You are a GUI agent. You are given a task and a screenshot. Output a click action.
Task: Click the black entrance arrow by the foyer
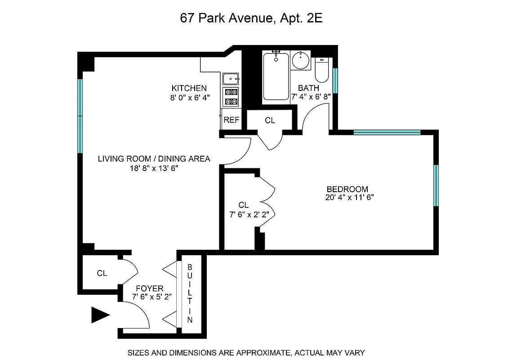[x=100, y=315]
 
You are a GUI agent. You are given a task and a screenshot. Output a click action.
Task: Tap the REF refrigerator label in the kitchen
[x=232, y=120]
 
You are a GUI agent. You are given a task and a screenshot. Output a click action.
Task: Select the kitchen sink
[x=231, y=79]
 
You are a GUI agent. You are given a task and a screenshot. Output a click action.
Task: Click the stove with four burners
[x=231, y=97]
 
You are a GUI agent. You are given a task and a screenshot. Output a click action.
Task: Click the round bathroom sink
[x=300, y=60]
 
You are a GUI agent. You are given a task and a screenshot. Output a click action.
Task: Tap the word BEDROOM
[x=347, y=189]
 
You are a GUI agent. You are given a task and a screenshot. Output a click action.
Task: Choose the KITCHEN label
[x=189, y=88]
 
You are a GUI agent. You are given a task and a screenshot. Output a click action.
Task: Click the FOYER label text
[x=151, y=288]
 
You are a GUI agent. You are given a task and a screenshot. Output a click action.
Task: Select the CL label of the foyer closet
[x=102, y=273]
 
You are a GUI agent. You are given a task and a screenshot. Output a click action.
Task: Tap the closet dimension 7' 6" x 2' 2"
[x=249, y=215]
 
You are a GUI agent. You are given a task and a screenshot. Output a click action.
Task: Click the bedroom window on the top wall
[x=387, y=132]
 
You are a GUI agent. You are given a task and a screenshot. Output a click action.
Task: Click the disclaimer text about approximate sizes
[x=246, y=353]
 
